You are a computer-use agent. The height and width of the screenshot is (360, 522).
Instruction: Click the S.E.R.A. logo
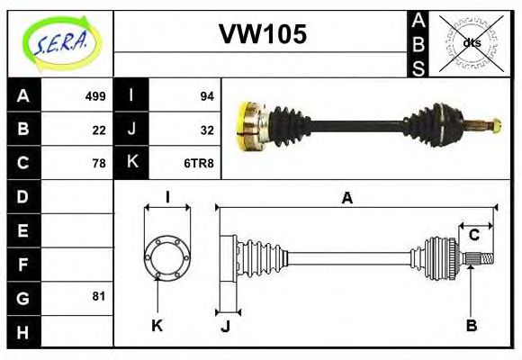[60, 43]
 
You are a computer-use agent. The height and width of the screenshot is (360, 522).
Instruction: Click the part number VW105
[263, 34]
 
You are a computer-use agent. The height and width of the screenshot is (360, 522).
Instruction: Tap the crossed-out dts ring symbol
[471, 42]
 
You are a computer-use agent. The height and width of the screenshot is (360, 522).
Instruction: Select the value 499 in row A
[95, 96]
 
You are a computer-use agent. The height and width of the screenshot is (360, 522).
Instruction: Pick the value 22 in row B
[98, 130]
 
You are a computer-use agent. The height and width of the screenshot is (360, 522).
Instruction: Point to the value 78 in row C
[98, 163]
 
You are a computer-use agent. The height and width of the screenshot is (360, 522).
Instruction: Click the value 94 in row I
[205, 96]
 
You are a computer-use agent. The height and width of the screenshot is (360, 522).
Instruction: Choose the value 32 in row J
[205, 130]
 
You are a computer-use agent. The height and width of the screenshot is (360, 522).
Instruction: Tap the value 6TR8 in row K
[198, 163]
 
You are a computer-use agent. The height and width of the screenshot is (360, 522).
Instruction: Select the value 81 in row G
[98, 296]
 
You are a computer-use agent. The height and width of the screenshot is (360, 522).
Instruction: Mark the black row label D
[22, 196]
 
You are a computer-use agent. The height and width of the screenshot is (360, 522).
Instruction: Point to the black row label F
[22, 264]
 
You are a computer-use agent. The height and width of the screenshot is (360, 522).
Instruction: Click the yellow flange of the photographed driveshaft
[246, 125]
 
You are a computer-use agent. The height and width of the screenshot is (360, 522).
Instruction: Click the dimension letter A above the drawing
[346, 199]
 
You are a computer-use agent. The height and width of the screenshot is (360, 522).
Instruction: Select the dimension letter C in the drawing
[473, 236]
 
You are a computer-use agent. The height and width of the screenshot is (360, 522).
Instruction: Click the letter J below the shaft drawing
[225, 327]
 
